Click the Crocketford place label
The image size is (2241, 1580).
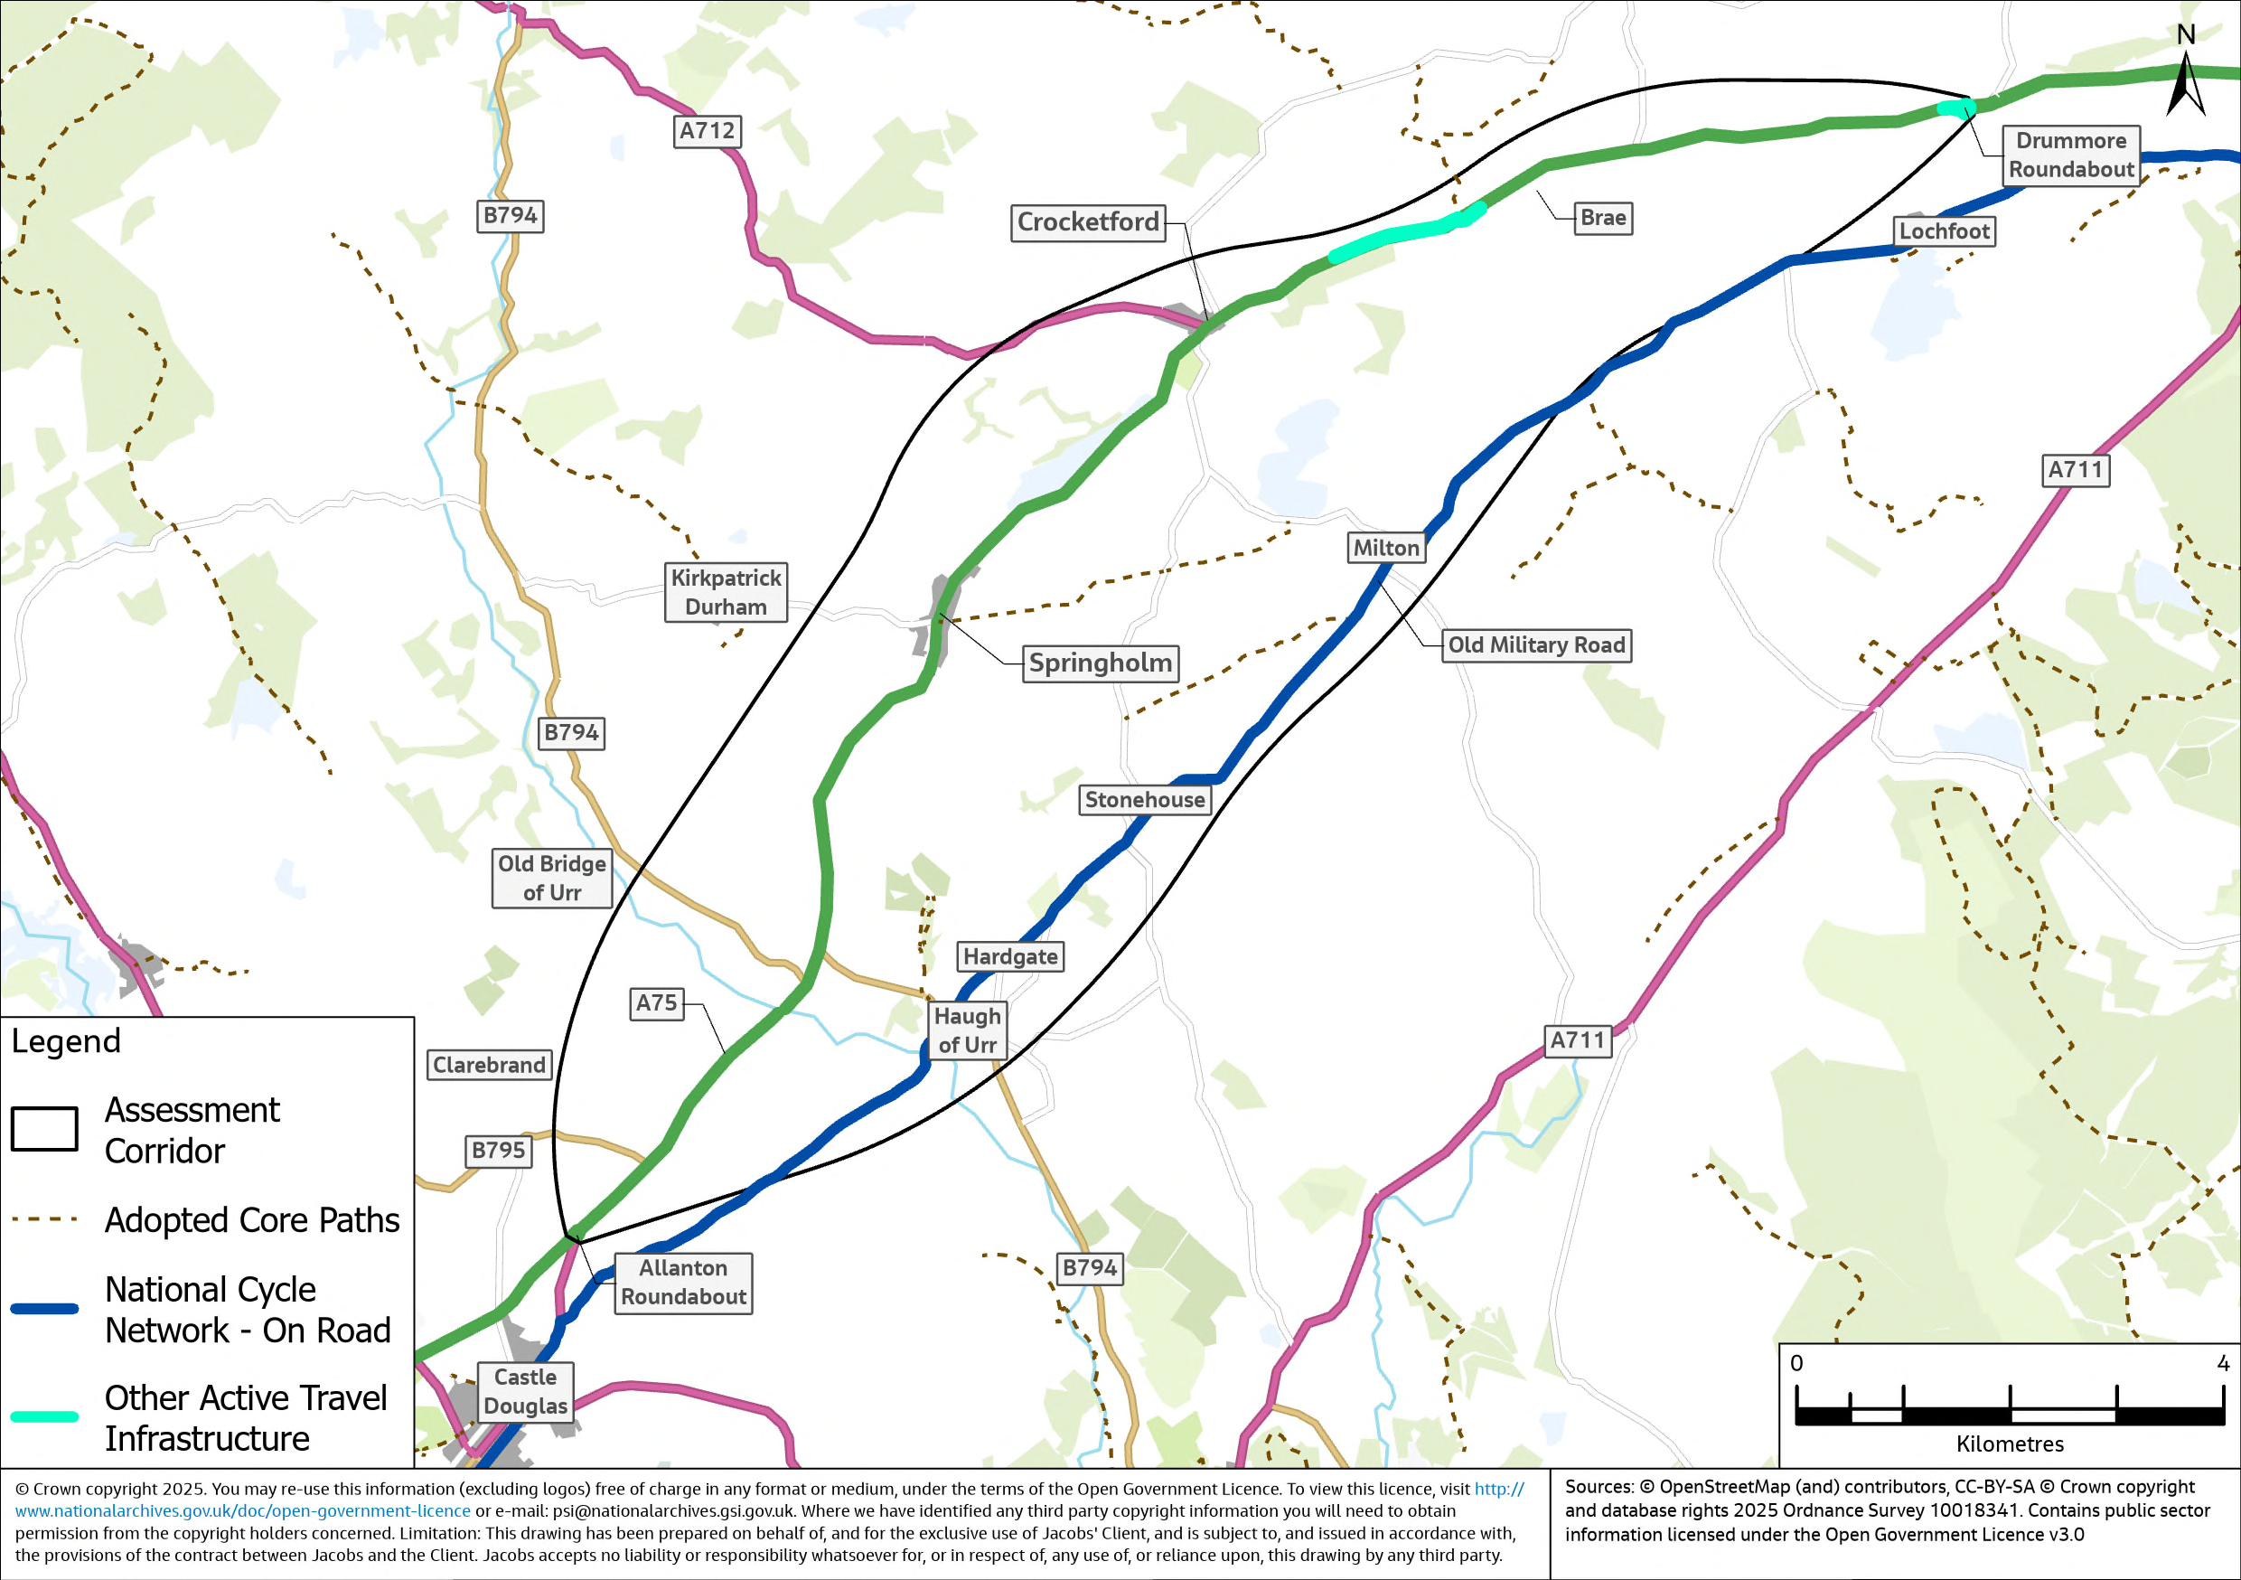coord(1087,222)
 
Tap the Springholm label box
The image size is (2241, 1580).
coord(1100,663)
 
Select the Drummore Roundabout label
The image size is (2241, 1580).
coord(2070,155)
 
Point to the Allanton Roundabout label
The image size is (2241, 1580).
coord(683,1282)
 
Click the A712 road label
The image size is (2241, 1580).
coord(707,131)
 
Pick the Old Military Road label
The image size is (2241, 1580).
coord(1535,645)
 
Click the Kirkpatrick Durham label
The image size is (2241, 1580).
coord(726,592)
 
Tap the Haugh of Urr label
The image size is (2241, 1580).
coord(966,1030)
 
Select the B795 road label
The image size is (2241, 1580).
coord(498,1151)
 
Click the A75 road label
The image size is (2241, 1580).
coord(656,1003)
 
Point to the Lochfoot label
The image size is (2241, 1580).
coord(1944,231)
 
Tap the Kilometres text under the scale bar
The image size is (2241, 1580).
coord(2010,1444)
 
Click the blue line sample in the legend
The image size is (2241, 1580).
coord(45,1310)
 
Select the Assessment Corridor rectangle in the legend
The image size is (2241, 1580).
coord(45,1129)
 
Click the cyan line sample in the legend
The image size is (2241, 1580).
coord(45,1417)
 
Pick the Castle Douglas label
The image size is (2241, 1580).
coord(525,1391)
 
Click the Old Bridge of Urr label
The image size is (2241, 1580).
coord(551,878)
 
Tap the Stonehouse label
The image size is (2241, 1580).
coord(1144,800)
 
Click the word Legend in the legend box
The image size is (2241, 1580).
coord(66,1041)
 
